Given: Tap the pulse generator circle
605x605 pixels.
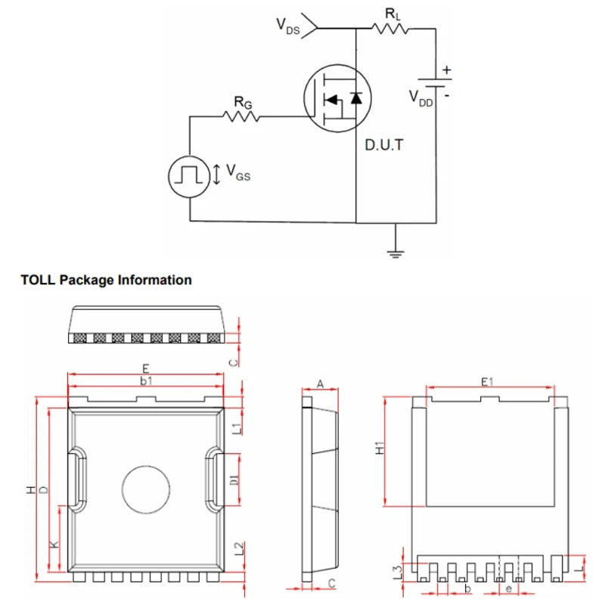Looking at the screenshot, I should click(188, 176).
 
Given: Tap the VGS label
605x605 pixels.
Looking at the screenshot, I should click(237, 175).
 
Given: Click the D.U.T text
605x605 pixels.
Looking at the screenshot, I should click(385, 144).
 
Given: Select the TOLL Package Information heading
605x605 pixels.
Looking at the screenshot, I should click(107, 280).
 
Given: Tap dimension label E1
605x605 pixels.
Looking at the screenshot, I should click(488, 383).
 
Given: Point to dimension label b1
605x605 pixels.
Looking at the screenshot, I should click(146, 382).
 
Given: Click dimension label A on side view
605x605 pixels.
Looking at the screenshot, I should click(319, 384).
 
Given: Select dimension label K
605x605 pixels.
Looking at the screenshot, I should click(53, 544).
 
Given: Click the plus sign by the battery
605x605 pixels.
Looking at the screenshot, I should click(447, 70).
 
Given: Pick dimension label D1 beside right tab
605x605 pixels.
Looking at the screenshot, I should click(235, 479).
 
